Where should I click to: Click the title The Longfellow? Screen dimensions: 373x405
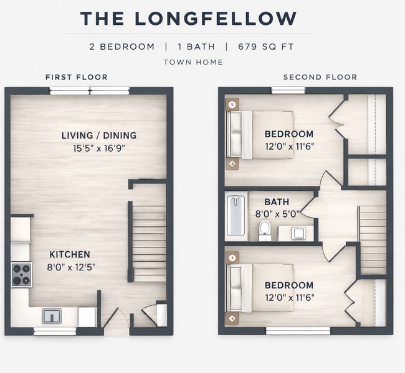point(188,19)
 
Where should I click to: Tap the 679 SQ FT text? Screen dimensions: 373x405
point(262,47)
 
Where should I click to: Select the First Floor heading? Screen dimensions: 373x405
point(77,77)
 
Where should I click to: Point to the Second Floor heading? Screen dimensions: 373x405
point(320,77)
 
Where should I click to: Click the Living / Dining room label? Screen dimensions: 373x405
point(98,136)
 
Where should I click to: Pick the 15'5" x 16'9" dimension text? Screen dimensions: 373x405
point(98,149)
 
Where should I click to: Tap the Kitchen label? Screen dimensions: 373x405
point(70,254)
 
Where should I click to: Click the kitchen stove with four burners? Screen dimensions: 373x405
point(21,275)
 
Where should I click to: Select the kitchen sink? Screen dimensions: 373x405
point(52,316)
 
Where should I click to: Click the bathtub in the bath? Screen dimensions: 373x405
point(236,216)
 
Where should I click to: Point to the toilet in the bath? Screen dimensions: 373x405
point(265,229)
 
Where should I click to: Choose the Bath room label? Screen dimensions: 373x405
point(277,202)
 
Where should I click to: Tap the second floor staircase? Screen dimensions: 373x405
point(373,240)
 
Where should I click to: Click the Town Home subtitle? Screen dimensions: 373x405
point(193,62)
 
